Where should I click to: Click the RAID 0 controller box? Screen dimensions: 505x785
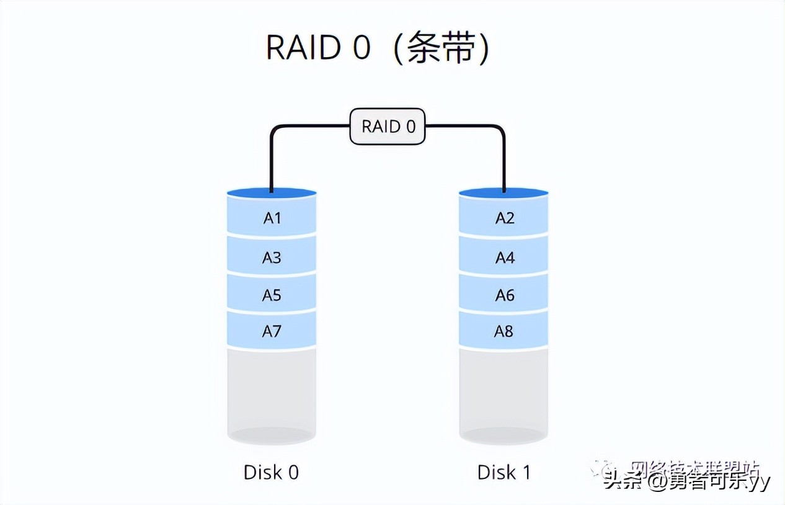click(x=388, y=127)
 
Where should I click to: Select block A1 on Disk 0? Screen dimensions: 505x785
click(x=272, y=218)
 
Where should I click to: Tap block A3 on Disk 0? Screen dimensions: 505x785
click(x=272, y=257)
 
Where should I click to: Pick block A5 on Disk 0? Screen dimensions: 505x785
click(x=272, y=295)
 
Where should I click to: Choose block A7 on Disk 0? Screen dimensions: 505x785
click(x=272, y=331)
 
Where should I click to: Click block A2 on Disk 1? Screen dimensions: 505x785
click(x=504, y=218)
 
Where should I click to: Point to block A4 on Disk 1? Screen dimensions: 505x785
click(x=504, y=257)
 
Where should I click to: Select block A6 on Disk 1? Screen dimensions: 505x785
click(x=504, y=295)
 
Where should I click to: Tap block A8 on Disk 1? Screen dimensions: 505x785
click(x=504, y=331)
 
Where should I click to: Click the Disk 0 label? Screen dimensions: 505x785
click(x=271, y=472)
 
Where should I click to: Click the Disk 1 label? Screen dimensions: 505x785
click(x=503, y=472)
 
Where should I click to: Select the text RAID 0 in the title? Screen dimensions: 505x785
click(x=317, y=48)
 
